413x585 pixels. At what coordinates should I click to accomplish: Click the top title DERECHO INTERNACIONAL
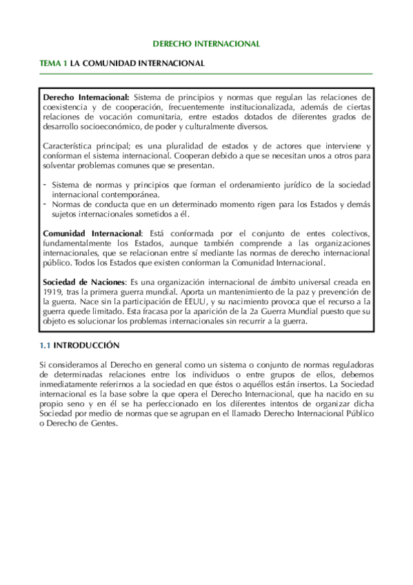tap(206, 43)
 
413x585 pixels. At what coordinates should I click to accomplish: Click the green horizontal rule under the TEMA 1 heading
tap(206, 73)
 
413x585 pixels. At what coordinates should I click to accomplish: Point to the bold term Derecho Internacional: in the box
tap(85, 97)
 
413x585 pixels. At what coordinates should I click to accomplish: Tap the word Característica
tap(68, 146)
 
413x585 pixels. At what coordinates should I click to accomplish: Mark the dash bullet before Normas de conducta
tap(45, 204)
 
